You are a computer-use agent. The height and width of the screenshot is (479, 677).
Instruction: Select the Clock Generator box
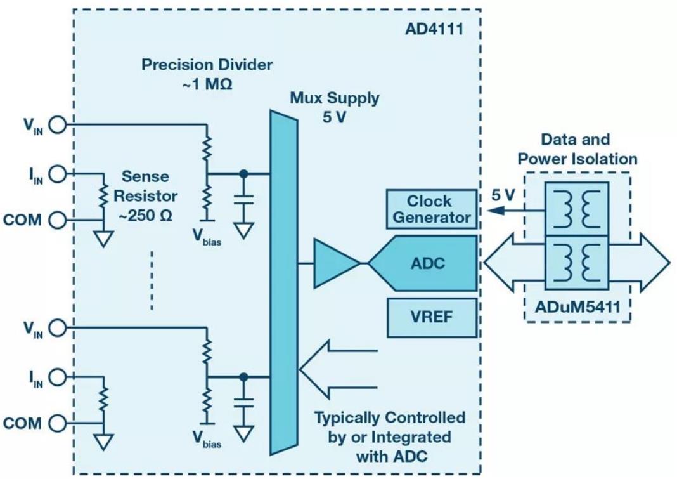[431, 209]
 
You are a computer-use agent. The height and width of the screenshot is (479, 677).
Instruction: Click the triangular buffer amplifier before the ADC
[333, 263]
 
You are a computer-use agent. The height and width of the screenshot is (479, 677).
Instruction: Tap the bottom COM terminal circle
[57, 423]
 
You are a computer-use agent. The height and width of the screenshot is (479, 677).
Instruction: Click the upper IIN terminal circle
[57, 173]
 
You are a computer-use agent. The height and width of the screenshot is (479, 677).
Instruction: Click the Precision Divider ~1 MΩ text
[207, 74]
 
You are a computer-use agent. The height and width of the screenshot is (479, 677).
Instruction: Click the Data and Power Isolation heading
[575, 148]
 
